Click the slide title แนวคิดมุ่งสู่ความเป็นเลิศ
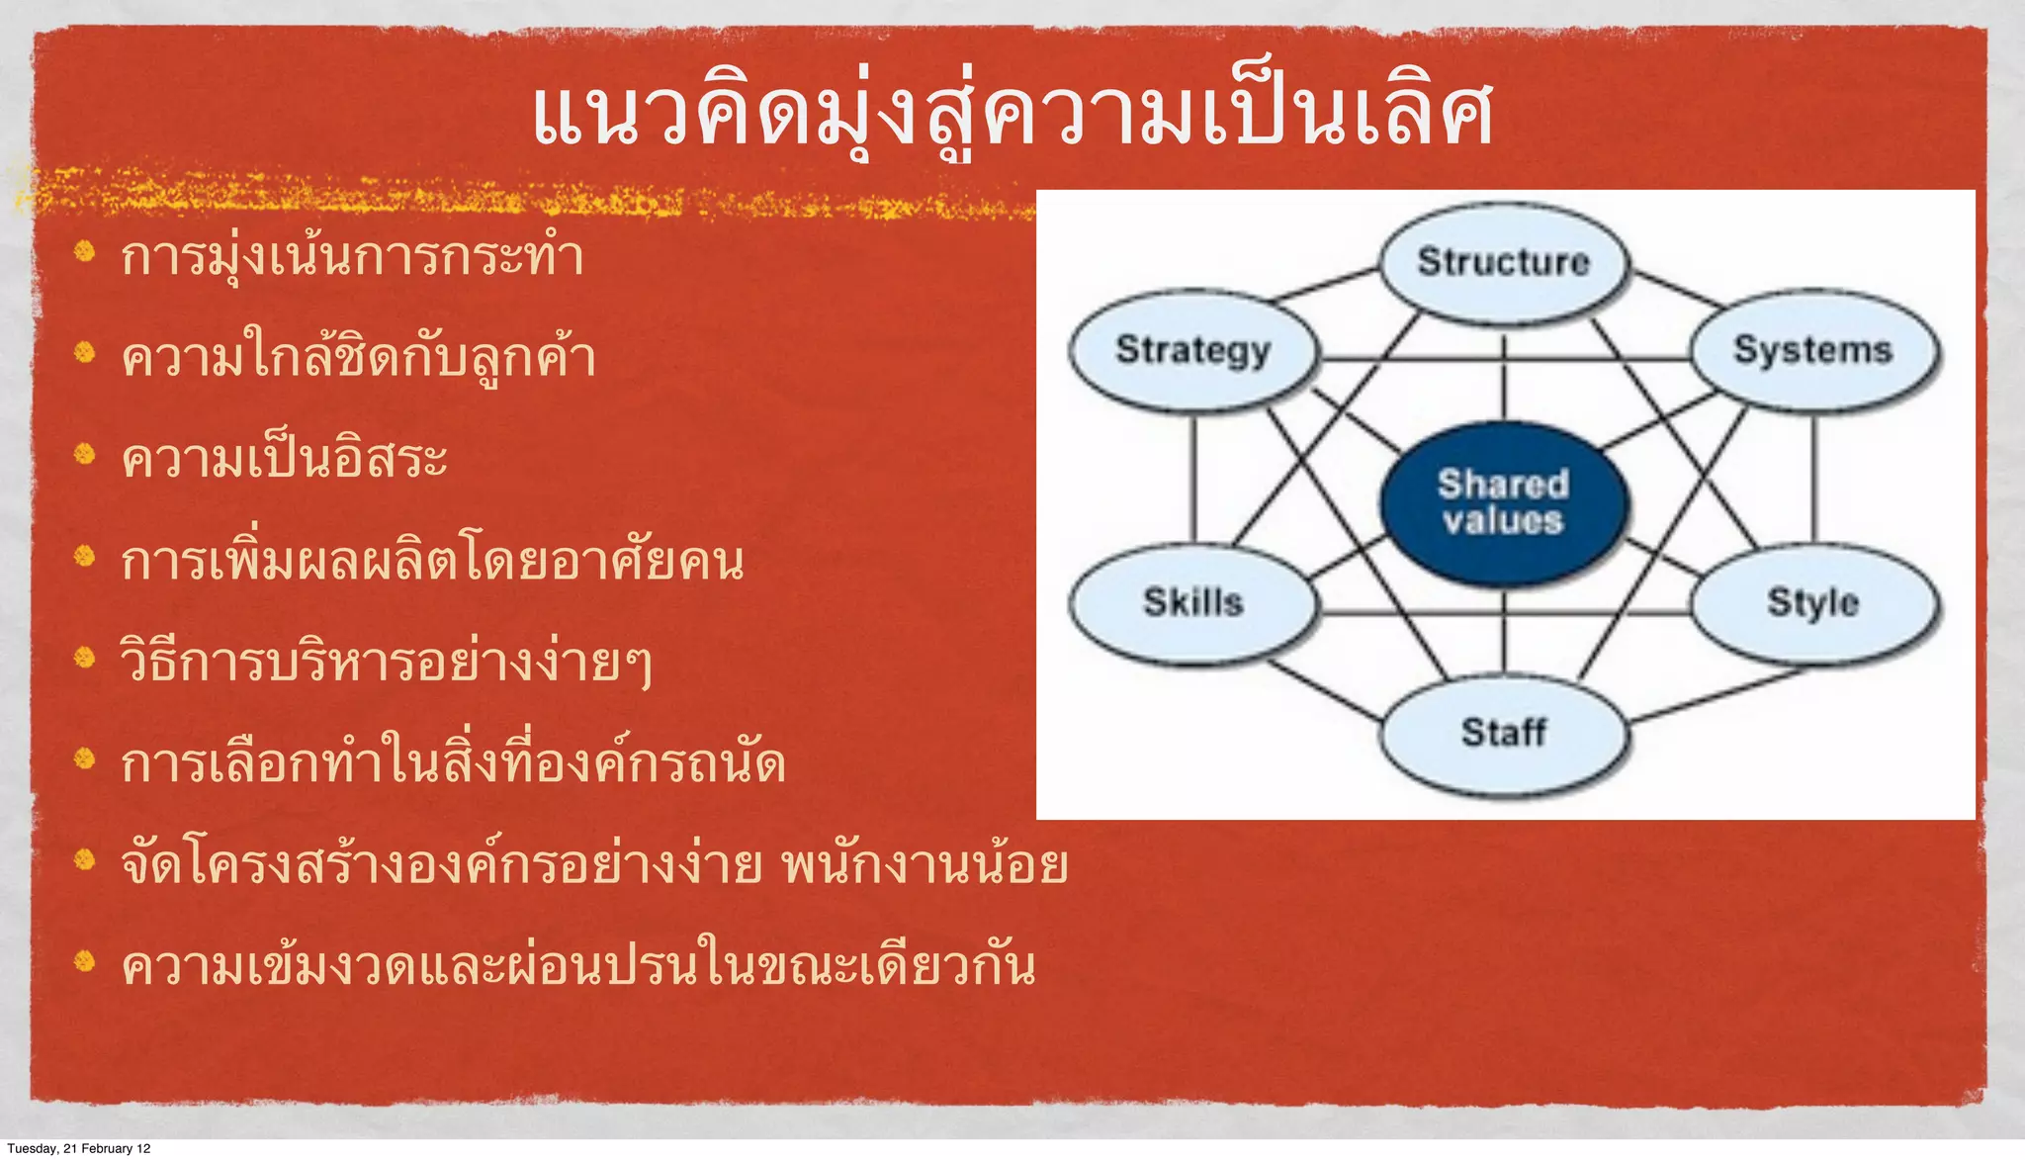[1012, 117]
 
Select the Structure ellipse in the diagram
[1503, 262]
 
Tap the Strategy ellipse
[1193, 351]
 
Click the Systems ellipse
[1813, 350]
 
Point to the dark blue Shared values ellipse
[1503, 502]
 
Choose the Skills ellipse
[1193, 602]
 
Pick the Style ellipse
[1813, 602]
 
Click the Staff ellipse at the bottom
[1503, 733]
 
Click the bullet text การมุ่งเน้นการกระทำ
[352, 257]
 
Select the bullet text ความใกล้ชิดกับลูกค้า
[358, 358]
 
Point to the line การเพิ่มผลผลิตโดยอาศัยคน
[432, 562]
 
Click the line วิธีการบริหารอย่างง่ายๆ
[386, 663]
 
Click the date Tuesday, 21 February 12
[79, 1148]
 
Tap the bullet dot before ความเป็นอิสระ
[85, 455]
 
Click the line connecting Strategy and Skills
[1193, 477]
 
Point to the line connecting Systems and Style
[1813, 477]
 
